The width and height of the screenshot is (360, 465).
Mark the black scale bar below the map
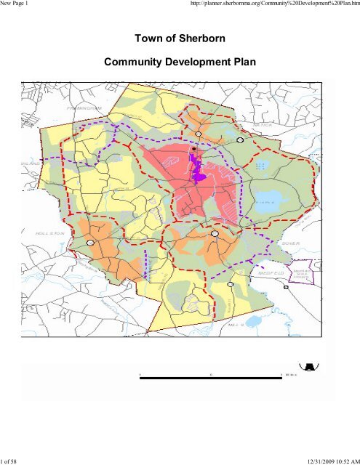point(211,373)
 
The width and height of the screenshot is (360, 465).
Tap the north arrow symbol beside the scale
point(308,367)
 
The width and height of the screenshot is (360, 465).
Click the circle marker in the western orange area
point(90,243)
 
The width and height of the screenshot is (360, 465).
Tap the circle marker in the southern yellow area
point(230,285)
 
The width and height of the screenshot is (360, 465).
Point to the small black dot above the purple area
point(193,148)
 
